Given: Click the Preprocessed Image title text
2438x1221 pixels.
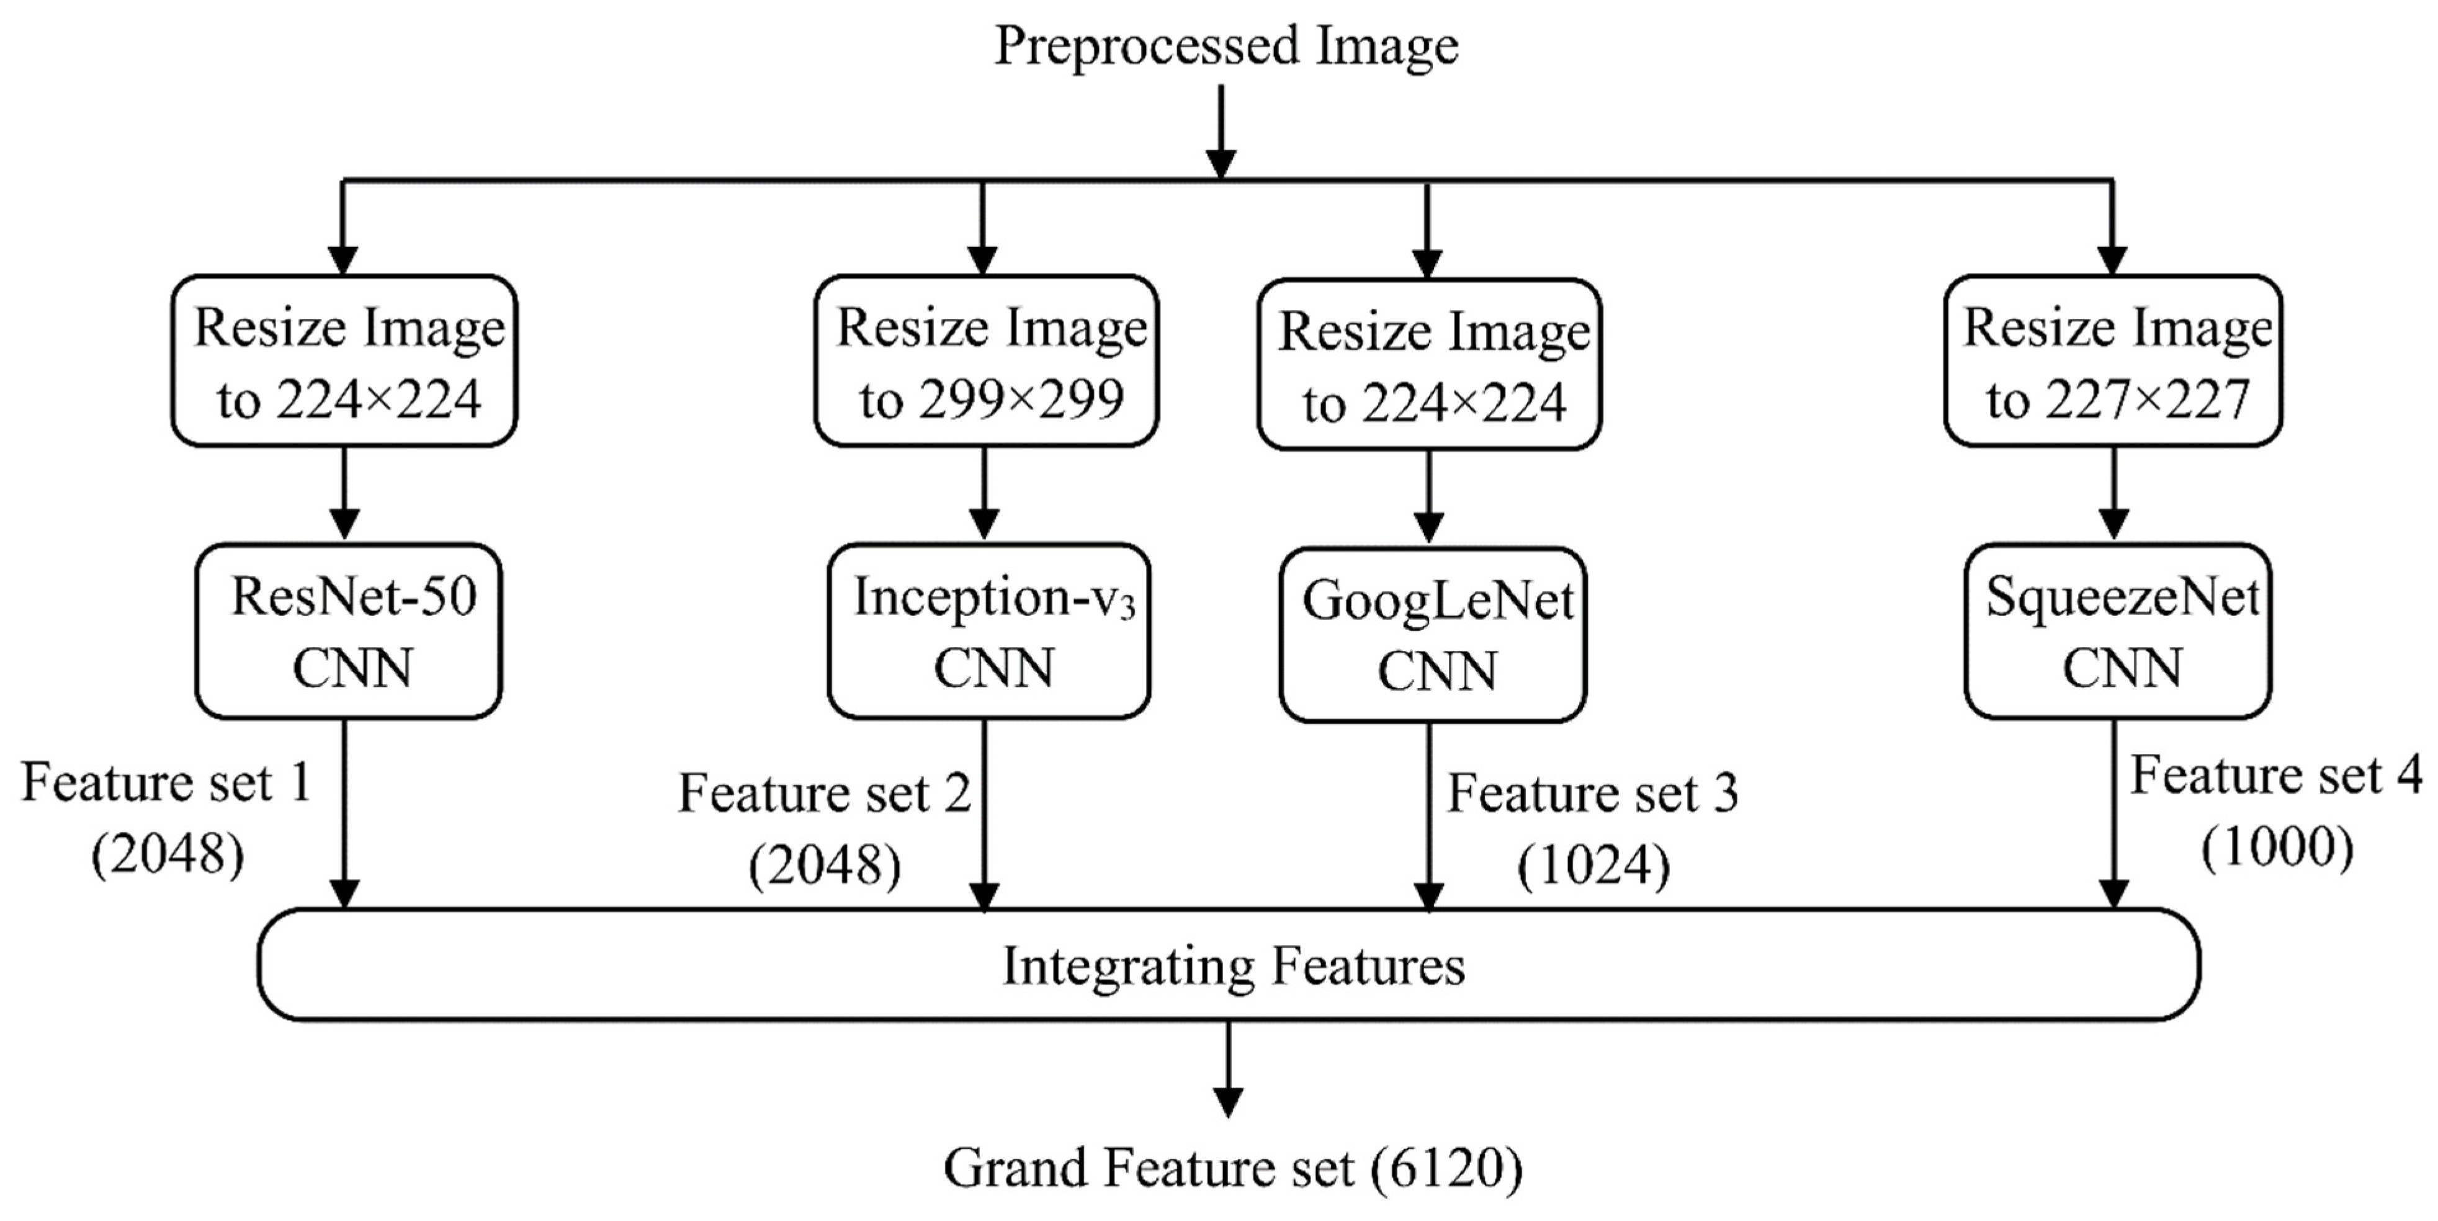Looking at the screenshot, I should tap(1226, 45).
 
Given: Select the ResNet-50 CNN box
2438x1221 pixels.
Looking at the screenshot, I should tap(348, 632).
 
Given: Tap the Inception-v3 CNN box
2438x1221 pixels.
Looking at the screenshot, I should tap(989, 632).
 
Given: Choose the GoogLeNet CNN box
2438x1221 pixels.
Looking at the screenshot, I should tap(1433, 634).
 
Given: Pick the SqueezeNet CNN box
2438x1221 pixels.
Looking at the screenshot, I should tap(2118, 632).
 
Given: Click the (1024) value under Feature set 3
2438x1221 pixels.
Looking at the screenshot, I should tap(1593, 864).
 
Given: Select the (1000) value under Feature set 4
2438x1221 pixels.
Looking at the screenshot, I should tap(2276, 846).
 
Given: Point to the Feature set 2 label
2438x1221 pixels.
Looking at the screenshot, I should tap(824, 792).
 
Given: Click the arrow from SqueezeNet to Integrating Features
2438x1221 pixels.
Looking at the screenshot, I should tap(2113, 814).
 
